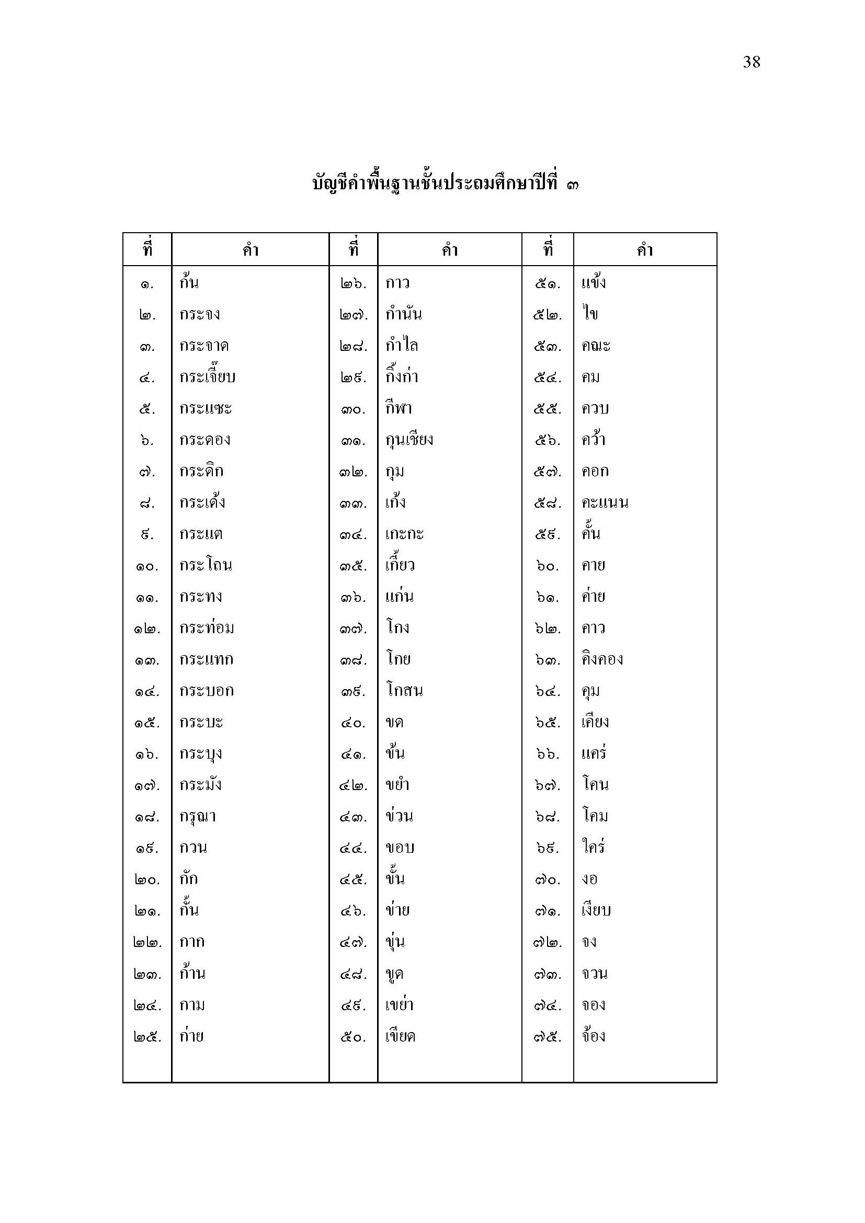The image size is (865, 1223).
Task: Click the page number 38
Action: pyautogui.click(x=751, y=62)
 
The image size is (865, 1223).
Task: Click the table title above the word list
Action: pyautogui.click(x=445, y=184)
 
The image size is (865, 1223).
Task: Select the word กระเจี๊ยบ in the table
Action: pyautogui.click(x=207, y=377)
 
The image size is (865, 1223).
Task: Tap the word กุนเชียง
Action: pyautogui.click(x=409, y=440)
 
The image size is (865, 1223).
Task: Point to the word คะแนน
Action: pyautogui.click(x=605, y=502)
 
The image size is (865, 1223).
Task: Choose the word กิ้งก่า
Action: pyautogui.click(x=402, y=376)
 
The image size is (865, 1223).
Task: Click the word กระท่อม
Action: pyautogui.click(x=207, y=628)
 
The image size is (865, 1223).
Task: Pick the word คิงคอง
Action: pyautogui.click(x=602, y=659)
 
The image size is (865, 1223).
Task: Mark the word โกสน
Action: pyautogui.click(x=404, y=691)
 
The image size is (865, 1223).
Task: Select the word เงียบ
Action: pyautogui.click(x=596, y=910)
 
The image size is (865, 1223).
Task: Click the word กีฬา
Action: pyautogui.click(x=399, y=408)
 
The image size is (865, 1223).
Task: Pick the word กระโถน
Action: pyautogui.click(x=206, y=565)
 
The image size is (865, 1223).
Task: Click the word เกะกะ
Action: pyautogui.click(x=404, y=534)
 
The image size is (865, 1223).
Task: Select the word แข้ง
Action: pyautogui.click(x=594, y=282)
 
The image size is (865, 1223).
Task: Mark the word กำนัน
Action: pyautogui.click(x=403, y=314)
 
